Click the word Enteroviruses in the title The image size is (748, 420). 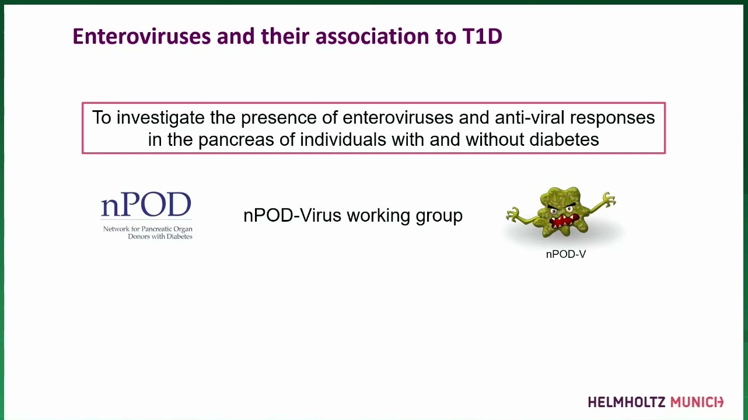click(142, 36)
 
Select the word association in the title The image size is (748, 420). click(372, 36)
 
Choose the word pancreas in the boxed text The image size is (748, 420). click(236, 140)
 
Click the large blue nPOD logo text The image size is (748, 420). click(146, 204)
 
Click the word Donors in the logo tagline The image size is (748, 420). click(138, 236)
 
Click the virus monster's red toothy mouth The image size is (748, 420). click(564, 221)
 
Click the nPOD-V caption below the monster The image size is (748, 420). click(566, 254)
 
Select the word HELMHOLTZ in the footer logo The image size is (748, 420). click(627, 402)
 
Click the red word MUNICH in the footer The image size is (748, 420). click(697, 402)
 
